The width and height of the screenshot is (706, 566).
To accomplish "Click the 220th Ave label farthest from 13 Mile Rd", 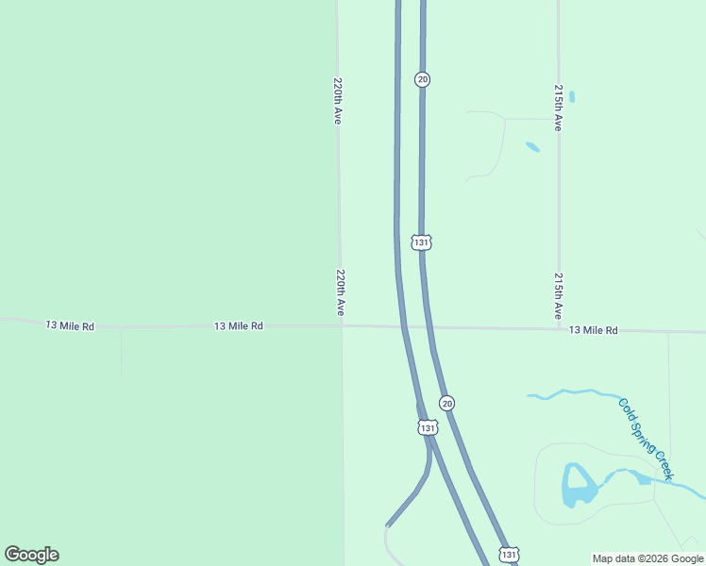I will pos(337,101).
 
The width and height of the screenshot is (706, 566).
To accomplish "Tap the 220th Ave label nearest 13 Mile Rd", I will pos(341,293).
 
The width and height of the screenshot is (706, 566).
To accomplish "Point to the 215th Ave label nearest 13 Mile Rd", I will pos(559,295).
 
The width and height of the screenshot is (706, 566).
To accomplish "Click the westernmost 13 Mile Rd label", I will pos(71,325).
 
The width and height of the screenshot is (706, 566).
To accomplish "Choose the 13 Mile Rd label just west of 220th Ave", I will pos(238,325).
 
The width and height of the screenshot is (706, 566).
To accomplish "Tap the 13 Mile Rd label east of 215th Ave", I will pos(593,330).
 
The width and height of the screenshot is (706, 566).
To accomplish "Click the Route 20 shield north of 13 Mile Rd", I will pos(422,79).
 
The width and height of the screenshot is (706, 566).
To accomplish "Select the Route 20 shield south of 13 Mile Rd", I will pos(447,402).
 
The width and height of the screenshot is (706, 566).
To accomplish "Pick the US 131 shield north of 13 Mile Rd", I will pos(422,242).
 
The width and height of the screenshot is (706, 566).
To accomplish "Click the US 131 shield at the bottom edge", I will pos(509,554).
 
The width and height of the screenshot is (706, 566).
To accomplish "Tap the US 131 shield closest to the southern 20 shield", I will pos(428,428).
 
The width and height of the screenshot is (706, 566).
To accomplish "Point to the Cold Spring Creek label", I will pos(646,440).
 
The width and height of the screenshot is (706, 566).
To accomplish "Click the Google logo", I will pos(31,555).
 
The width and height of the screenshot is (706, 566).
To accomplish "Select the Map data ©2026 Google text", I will pos(647,558).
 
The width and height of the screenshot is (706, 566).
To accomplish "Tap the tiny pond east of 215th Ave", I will pos(572,96).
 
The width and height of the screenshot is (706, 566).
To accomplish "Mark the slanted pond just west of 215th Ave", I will pos(532,147).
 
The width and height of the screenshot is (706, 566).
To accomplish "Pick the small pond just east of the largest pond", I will pos(644,479).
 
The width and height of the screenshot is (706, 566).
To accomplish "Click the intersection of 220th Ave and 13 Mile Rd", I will pos(342,326).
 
